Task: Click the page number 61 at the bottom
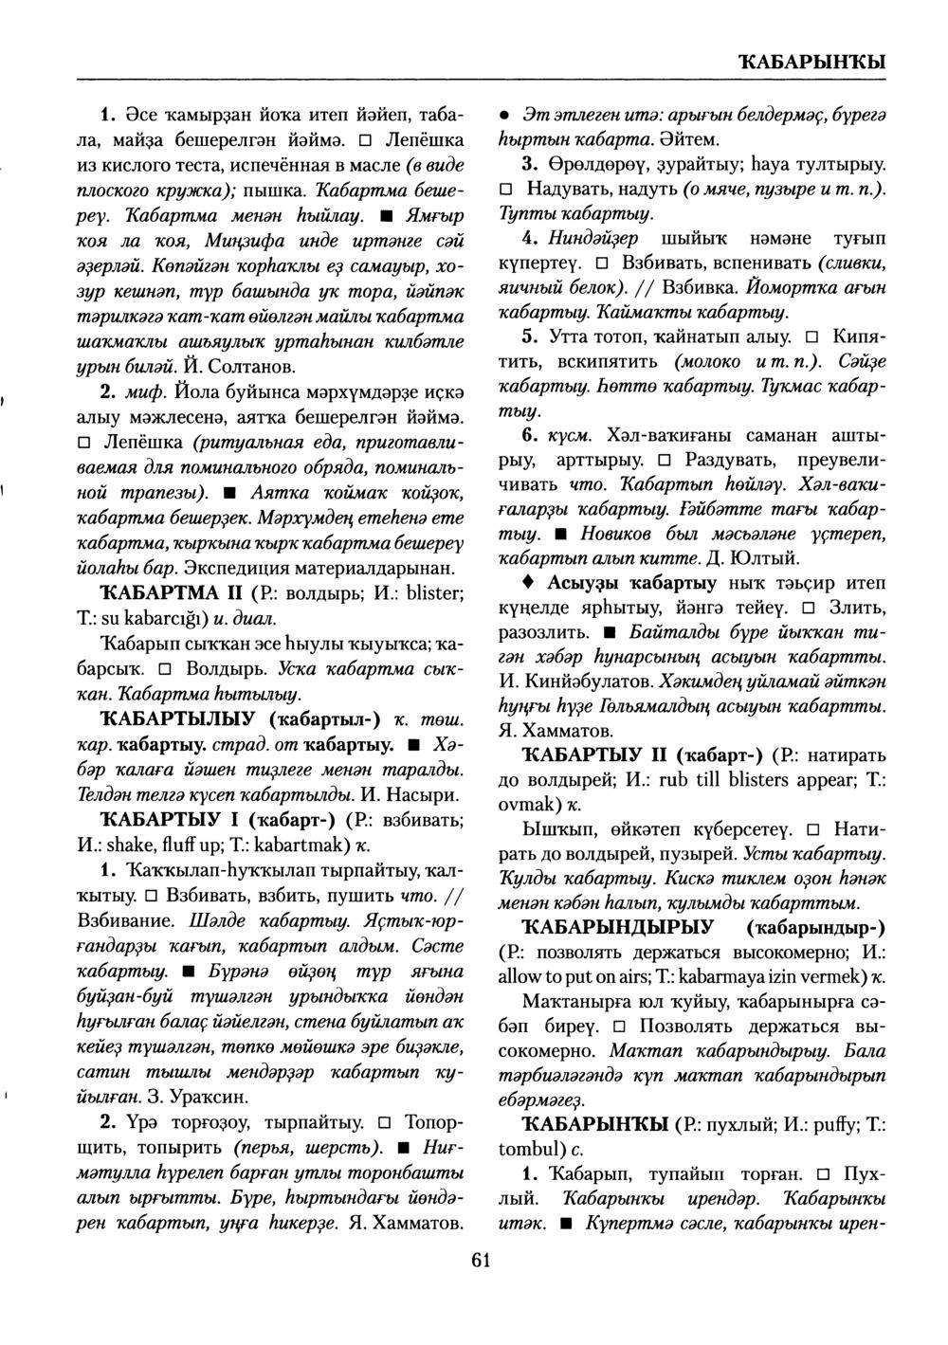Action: (480, 1259)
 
